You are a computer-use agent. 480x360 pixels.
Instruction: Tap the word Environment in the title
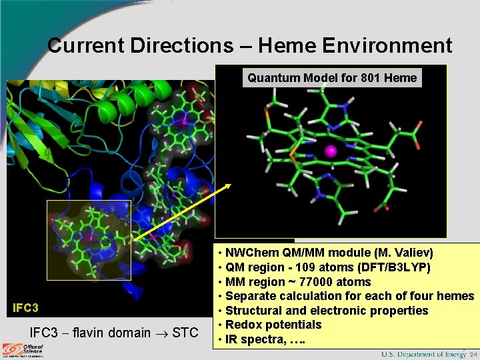pyautogui.click(x=388, y=45)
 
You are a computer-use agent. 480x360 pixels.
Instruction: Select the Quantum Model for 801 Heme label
pyautogui.click(x=332, y=78)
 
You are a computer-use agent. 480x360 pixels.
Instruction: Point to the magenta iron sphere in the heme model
pyautogui.click(x=329, y=153)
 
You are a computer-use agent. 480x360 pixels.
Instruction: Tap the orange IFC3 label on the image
pyautogui.click(x=26, y=308)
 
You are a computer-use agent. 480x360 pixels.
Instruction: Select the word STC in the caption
pyautogui.click(x=185, y=332)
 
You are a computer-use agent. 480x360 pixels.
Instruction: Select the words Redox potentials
pyautogui.click(x=273, y=325)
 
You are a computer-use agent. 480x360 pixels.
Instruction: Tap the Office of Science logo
pyautogui.click(x=23, y=349)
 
